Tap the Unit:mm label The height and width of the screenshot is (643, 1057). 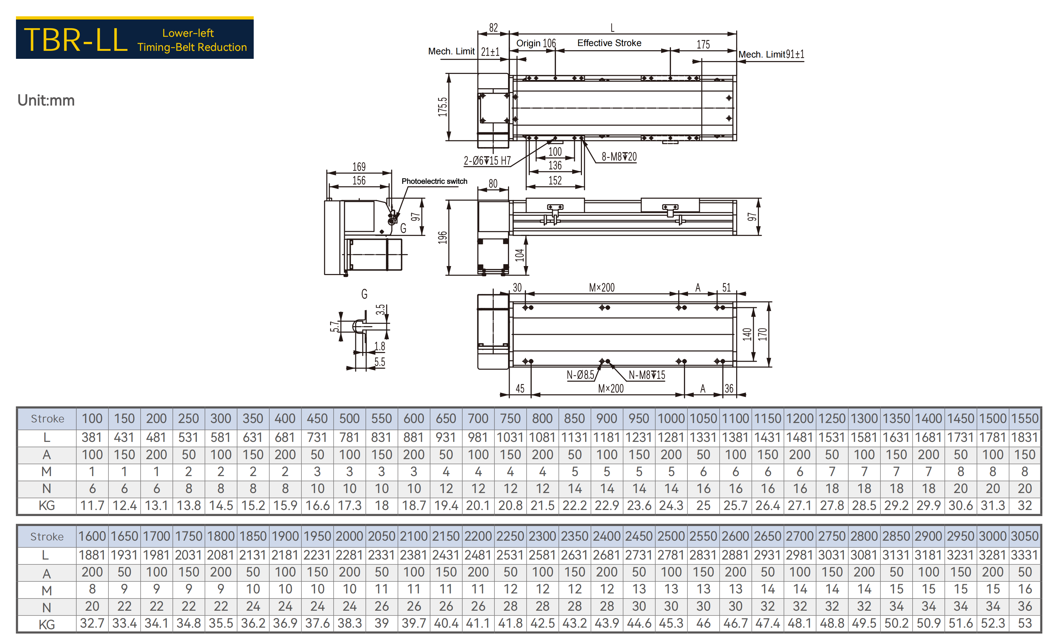(x=46, y=100)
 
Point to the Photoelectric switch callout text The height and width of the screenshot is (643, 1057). (x=434, y=181)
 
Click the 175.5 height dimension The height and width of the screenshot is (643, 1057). (x=442, y=107)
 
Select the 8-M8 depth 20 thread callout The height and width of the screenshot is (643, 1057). (x=619, y=157)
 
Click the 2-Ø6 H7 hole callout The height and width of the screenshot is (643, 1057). (x=487, y=161)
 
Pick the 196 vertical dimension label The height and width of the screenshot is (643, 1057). (x=442, y=237)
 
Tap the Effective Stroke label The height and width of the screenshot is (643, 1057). (x=609, y=43)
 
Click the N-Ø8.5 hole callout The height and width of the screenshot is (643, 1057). (x=580, y=375)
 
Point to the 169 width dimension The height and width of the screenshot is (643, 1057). (x=359, y=167)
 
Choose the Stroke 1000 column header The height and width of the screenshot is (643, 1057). (x=671, y=419)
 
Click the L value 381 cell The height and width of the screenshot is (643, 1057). (x=92, y=437)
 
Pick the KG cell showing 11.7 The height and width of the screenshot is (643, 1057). (x=92, y=506)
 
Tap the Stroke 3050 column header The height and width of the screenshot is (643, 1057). (x=1024, y=536)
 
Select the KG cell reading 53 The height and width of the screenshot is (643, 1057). (x=1024, y=623)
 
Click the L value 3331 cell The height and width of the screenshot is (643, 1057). (x=1024, y=555)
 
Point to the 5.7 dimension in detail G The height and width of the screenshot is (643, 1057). (x=335, y=327)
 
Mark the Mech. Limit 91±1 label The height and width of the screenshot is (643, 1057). (x=771, y=54)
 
